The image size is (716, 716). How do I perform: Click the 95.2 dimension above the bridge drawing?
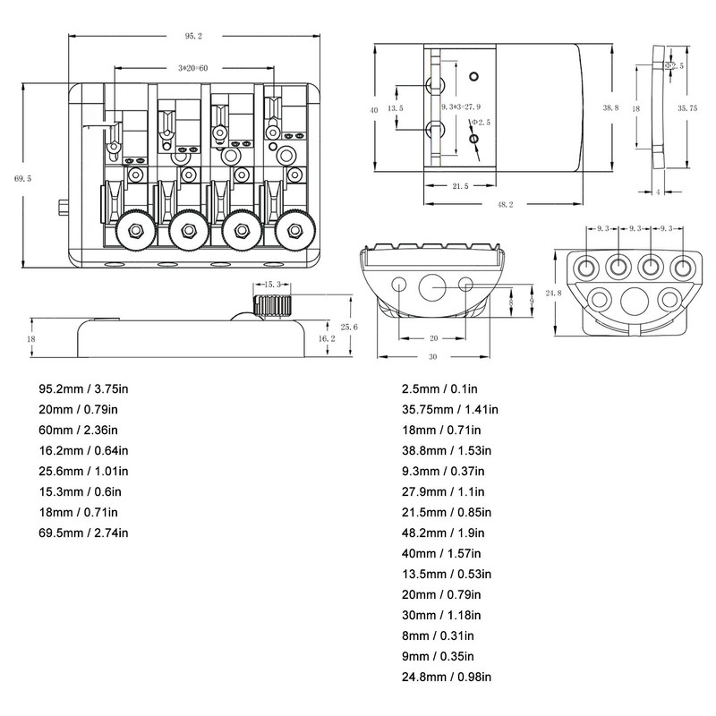click(193, 36)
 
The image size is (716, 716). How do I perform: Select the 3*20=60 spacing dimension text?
click(192, 69)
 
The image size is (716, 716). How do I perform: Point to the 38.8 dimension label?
click(610, 107)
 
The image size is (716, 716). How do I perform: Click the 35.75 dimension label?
click(687, 107)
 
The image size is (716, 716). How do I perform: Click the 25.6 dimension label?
click(350, 327)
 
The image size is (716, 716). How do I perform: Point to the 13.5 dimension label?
click(396, 108)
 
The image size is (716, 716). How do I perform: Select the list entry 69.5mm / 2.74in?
click(83, 533)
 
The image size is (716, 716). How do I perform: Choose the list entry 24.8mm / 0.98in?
click(445, 677)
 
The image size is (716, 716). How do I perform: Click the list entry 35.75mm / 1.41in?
click(448, 410)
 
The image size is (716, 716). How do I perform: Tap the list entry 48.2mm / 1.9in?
click(441, 533)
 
